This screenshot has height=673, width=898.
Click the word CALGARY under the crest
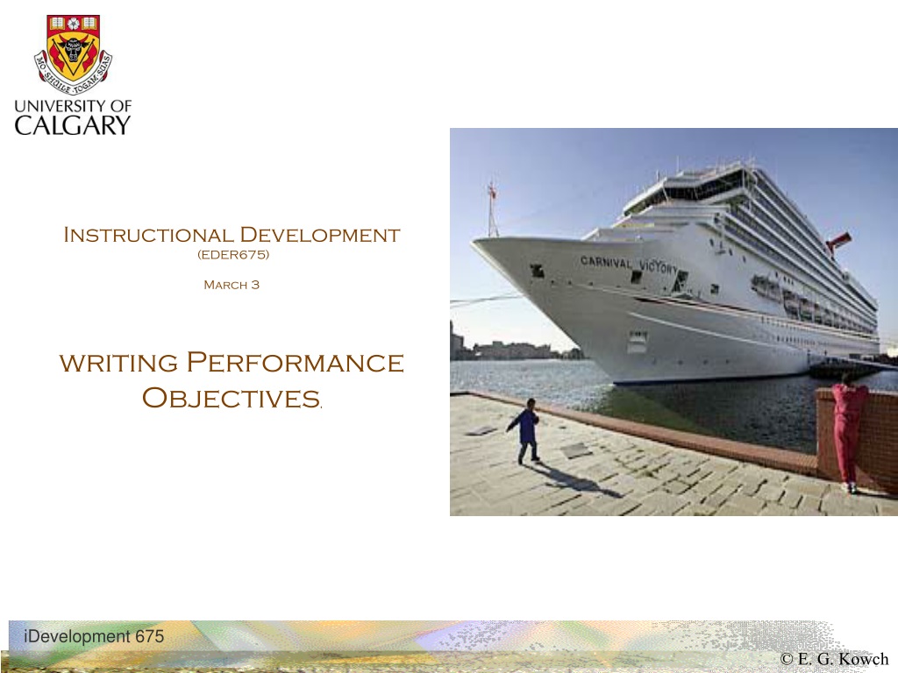73,125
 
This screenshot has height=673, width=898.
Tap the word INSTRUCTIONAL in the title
147,235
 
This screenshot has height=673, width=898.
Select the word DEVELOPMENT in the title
319,235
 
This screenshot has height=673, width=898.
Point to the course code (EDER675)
233,255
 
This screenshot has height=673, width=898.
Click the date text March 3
232,285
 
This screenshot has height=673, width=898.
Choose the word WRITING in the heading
118,364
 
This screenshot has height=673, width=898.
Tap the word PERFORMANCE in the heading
296,362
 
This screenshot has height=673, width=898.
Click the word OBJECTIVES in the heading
231,398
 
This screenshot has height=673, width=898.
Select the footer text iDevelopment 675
94,636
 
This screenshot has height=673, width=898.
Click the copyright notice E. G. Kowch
834,659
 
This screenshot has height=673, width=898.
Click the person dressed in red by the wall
847,431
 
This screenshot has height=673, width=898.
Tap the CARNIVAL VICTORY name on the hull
629,265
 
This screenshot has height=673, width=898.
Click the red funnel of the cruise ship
839,241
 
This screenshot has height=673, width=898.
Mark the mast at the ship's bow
492,209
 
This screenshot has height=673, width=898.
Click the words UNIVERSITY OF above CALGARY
73,106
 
